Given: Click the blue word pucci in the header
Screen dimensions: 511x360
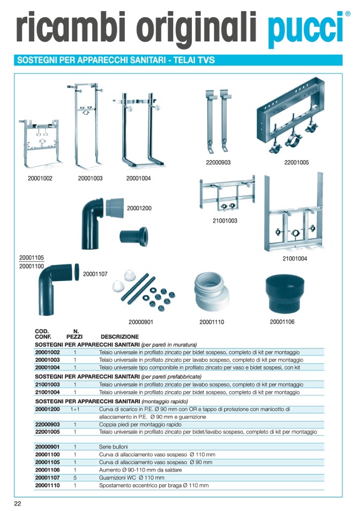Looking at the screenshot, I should click(305, 27).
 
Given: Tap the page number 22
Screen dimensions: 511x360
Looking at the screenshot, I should click(18, 503).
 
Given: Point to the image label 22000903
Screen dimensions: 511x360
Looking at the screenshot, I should click(218, 162).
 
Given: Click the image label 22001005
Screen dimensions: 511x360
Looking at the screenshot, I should click(296, 162).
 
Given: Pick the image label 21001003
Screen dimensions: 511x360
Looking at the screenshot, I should click(225, 220).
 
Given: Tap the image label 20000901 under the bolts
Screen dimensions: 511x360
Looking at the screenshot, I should click(141, 322).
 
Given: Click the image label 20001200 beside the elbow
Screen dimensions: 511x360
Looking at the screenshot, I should click(139, 208).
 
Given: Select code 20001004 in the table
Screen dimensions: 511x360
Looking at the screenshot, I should click(48, 368).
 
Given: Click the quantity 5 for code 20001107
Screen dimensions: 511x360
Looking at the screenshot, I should click(75, 477).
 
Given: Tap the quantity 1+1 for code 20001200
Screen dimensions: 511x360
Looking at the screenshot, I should click(75, 409).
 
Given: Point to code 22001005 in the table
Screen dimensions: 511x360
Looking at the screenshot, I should click(48, 432).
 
